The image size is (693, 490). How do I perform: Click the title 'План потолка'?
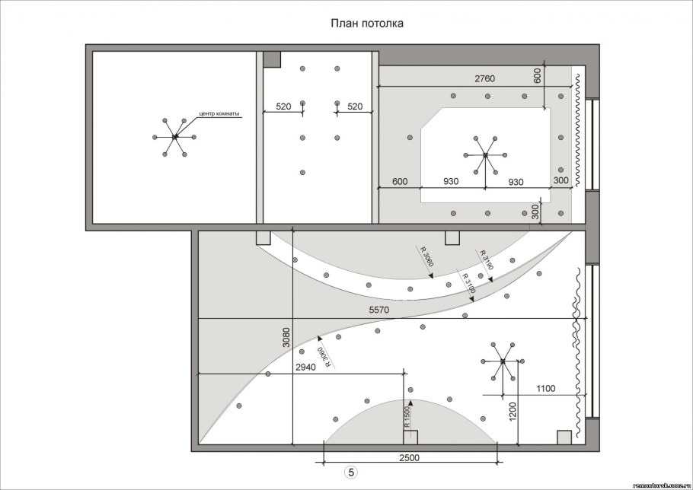click(366, 24)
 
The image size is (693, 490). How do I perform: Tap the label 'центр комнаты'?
click(219, 114)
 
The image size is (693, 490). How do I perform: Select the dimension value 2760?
click(485, 78)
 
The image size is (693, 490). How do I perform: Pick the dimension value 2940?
click(305, 367)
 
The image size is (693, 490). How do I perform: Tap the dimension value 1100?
click(544, 388)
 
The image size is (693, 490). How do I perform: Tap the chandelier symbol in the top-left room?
click(174, 136)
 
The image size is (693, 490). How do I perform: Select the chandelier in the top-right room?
click(485, 155)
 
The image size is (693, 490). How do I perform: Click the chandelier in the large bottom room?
click(503, 362)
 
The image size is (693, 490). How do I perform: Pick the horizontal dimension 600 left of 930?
click(401, 181)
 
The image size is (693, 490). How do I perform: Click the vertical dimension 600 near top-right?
click(538, 76)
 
